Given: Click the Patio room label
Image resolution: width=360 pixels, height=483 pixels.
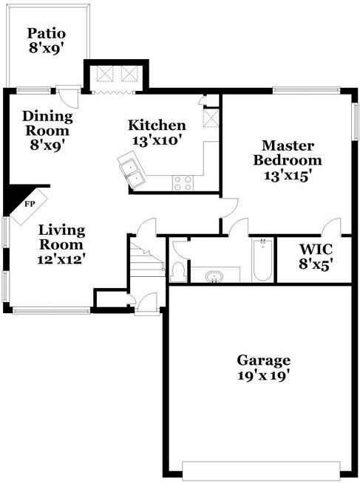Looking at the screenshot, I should pyautogui.click(x=47, y=41).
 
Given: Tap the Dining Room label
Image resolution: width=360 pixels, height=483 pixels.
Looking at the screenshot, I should pyautogui.click(x=47, y=130).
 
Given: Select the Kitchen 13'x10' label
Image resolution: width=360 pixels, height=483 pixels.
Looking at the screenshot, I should pyautogui.click(x=157, y=131).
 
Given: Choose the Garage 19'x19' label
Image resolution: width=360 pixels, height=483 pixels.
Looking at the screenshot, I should pyautogui.click(x=263, y=367).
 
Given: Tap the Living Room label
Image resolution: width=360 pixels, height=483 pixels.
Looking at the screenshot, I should pyautogui.click(x=62, y=244).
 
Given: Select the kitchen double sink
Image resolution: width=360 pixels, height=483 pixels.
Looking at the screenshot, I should pyautogui.click(x=132, y=171).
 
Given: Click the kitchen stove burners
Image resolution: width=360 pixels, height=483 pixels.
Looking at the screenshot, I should pyautogui.click(x=183, y=182).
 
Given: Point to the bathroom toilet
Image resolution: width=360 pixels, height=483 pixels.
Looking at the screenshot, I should pyautogui.click(x=177, y=271).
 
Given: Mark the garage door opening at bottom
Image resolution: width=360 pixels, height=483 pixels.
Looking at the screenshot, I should pyautogui.click(x=262, y=470).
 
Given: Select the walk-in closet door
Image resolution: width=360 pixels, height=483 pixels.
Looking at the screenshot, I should pyautogui.click(x=330, y=227).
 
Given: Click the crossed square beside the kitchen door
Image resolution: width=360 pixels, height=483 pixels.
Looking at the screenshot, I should pyautogui.click(x=211, y=118).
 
